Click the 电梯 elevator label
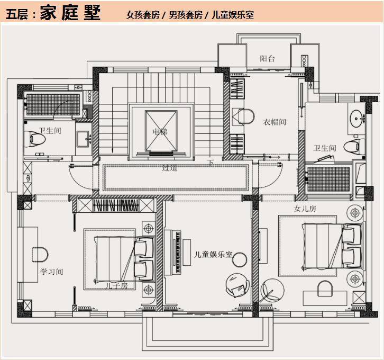(x=160, y=131)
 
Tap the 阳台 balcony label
(x=267, y=59)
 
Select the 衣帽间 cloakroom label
(x=275, y=122)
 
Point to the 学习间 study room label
(x=52, y=272)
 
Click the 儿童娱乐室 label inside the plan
(x=213, y=254)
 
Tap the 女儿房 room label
(x=305, y=209)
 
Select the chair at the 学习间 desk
(x=40, y=255)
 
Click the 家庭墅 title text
(x=70, y=13)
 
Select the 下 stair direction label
(x=211, y=163)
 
